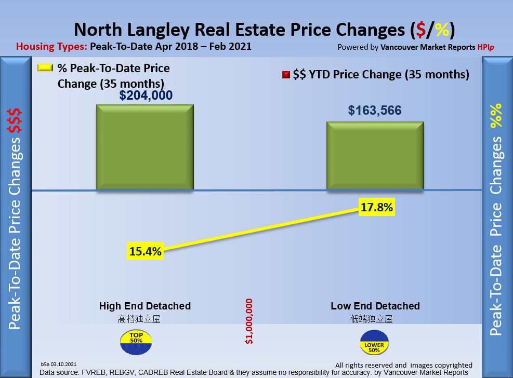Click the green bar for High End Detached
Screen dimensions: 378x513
[x=144, y=147]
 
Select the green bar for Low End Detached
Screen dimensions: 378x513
[x=375, y=156]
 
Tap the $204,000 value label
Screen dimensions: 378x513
[x=146, y=96]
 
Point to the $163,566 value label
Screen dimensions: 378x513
[x=375, y=111]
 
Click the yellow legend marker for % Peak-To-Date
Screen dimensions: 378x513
[x=46, y=68]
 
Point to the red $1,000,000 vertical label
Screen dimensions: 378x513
[x=249, y=321]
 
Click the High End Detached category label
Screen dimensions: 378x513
[x=145, y=306]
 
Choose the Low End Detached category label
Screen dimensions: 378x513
[x=375, y=306]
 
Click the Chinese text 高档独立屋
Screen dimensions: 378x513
[x=139, y=318]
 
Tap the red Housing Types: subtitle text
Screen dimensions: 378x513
[x=51, y=46]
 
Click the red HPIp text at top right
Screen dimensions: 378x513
[x=486, y=47]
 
